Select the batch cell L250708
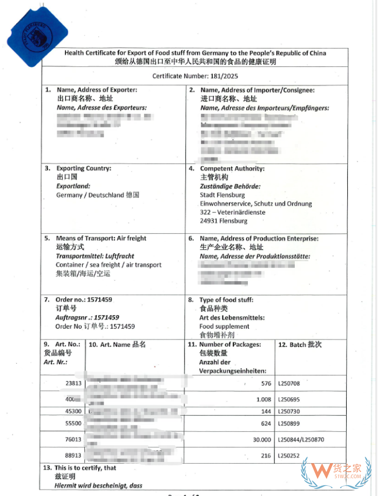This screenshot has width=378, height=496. point(289,384)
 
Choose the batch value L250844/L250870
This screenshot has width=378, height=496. point(304,440)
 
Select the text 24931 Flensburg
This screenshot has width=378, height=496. point(224,221)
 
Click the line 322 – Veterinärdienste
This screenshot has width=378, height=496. point(232,212)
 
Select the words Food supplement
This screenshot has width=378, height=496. point(224,327)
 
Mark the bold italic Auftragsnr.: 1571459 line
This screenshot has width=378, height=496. point(87,317)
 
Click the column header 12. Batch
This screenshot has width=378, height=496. point(300,344)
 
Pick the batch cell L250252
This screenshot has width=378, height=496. point(289,456)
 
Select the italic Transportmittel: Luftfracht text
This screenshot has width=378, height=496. point(95,256)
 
